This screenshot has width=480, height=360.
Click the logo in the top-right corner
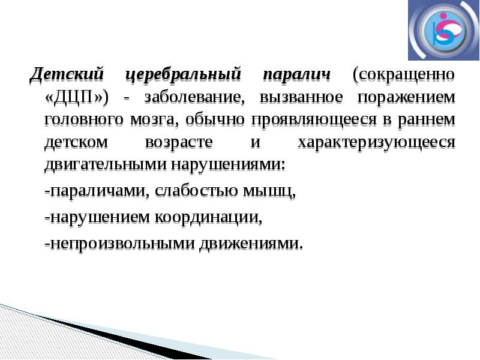pos(443,31)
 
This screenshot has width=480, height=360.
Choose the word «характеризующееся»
pos(377,142)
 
